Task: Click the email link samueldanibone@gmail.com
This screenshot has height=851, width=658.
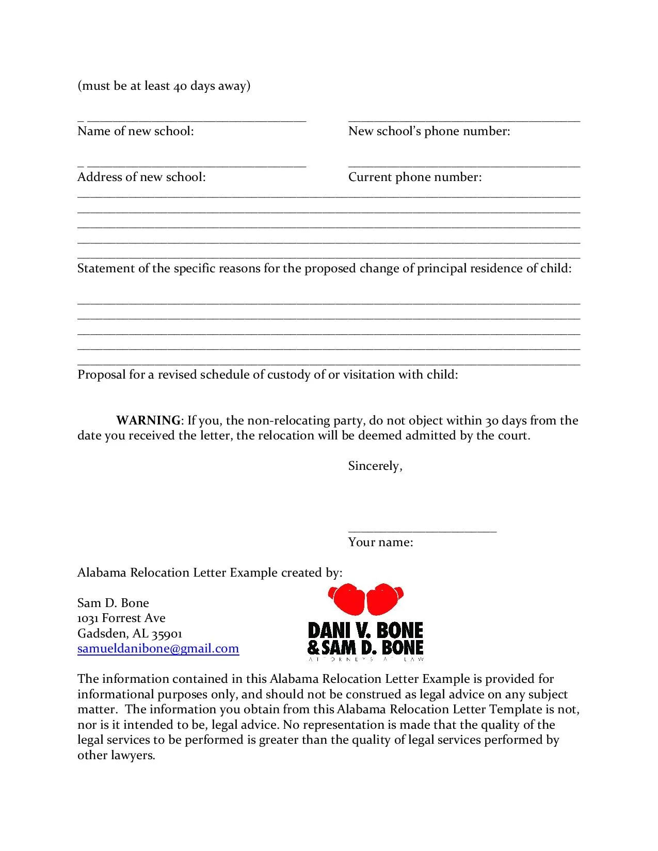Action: tap(158, 648)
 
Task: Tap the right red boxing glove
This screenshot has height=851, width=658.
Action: tap(384, 598)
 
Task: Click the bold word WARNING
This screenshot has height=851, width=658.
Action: tap(148, 420)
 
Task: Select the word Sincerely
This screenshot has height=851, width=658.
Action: tap(374, 466)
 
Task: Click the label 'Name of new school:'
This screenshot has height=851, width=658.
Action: tap(136, 131)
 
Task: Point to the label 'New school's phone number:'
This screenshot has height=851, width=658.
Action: tap(429, 131)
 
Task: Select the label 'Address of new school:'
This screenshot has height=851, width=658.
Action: tap(141, 177)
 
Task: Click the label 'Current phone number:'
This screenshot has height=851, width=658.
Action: tap(415, 177)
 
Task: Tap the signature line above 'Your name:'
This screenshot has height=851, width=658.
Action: tap(422, 531)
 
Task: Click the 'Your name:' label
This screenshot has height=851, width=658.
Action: tap(380, 542)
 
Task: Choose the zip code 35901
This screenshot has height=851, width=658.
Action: tap(167, 633)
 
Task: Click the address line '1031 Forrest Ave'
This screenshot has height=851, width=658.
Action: tap(121, 618)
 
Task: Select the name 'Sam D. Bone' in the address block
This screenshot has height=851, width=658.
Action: tap(113, 603)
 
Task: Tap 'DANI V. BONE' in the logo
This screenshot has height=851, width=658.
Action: tap(365, 630)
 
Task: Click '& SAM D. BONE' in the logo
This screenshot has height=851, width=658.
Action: tap(365, 647)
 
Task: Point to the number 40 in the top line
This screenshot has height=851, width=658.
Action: tap(180, 86)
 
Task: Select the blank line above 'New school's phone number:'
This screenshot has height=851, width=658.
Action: tap(464, 121)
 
